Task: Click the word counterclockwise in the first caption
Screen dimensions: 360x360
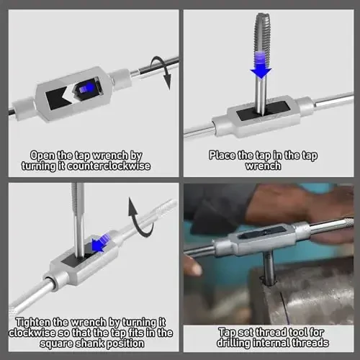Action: (109, 166)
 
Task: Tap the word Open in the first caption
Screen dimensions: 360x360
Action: (42, 156)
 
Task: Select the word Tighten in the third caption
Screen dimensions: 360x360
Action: (34, 323)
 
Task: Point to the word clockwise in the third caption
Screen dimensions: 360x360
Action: (32, 333)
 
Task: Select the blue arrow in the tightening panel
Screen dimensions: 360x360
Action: (99, 243)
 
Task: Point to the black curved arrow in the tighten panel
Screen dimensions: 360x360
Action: (139, 218)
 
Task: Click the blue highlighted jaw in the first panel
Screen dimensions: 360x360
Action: (86, 88)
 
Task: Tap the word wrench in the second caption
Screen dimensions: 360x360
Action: (263, 166)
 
